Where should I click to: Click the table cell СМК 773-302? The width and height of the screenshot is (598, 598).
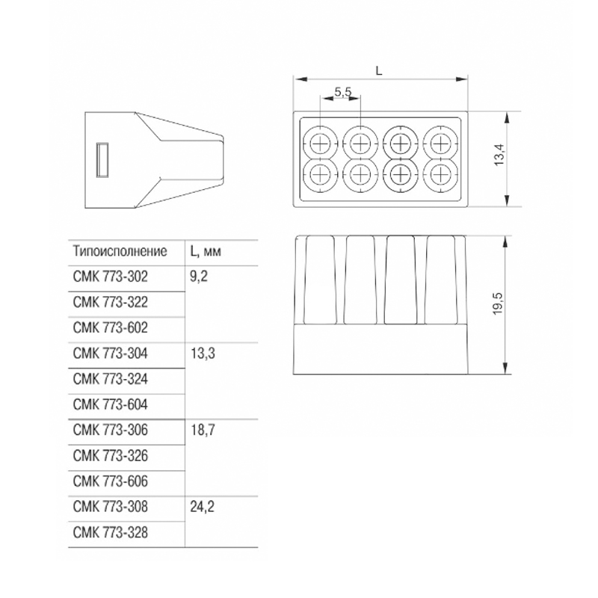[110, 277]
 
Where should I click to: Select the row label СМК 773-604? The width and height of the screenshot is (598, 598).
[110, 404]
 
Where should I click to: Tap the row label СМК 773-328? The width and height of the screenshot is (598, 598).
[110, 533]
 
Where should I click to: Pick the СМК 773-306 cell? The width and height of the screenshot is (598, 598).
[110, 431]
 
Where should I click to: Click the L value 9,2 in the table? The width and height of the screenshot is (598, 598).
[199, 277]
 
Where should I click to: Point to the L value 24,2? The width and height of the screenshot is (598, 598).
[202, 507]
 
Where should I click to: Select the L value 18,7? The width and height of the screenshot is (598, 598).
[203, 431]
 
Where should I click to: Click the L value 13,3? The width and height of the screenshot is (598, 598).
[203, 354]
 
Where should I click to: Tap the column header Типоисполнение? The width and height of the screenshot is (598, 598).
[120, 251]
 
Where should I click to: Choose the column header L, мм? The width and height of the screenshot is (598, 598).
[206, 251]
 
